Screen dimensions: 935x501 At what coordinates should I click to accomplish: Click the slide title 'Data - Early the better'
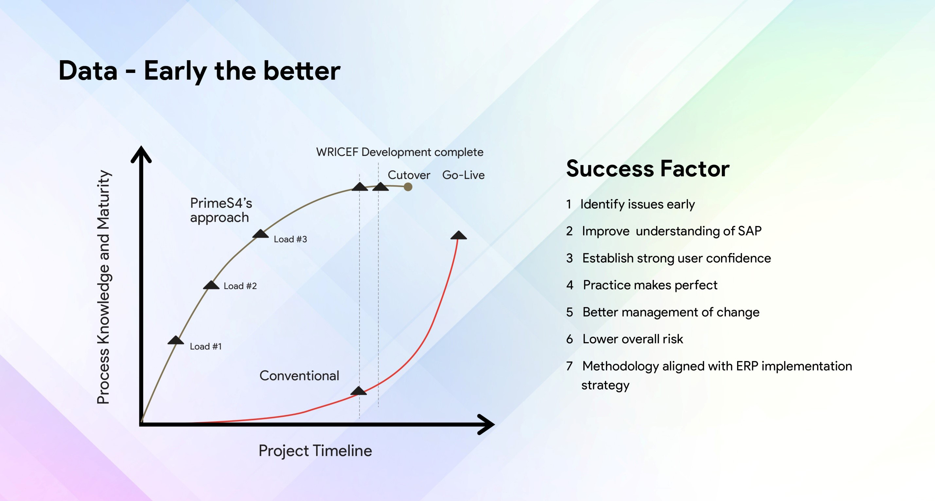point(199,71)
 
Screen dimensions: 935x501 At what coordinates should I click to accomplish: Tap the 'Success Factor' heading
point(648,169)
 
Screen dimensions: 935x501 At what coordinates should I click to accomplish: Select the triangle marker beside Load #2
point(211,285)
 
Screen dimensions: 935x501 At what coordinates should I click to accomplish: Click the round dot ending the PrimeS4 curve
point(408,187)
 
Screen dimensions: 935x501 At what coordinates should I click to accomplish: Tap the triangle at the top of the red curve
point(459,235)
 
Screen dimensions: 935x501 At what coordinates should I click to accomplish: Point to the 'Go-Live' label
point(463,175)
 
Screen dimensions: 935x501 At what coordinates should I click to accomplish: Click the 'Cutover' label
point(409,175)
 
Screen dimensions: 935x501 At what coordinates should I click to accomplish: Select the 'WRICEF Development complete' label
point(400,152)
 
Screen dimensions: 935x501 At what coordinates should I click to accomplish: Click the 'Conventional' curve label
point(299,375)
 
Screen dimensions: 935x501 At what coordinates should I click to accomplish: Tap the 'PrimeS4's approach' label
point(221,210)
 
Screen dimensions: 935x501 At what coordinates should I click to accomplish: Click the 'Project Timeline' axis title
point(315,451)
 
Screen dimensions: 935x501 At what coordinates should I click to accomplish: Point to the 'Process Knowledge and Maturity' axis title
point(103,287)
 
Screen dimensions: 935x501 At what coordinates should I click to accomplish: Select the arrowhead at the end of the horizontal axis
point(486,424)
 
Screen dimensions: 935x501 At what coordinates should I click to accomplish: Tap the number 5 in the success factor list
point(570,312)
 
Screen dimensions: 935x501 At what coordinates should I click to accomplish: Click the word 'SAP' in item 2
point(750,231)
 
